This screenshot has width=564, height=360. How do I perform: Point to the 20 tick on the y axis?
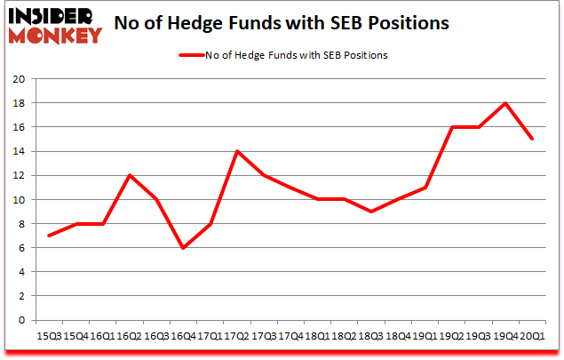(x=18, y=79)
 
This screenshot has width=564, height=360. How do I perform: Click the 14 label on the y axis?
(x=18, y=152)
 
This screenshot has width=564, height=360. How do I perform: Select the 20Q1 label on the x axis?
(x=531, y=337)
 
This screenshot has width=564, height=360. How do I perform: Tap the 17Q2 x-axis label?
(x=238, y=337)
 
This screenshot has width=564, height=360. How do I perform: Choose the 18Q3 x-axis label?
(x=371, y=337)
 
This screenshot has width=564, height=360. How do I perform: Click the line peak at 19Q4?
(x=504, y=103)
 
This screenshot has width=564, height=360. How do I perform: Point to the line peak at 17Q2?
(x=238, y=151)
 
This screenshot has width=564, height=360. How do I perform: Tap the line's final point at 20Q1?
(x=531, y=139)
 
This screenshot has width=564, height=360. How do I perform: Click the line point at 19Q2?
(x=451, y=127)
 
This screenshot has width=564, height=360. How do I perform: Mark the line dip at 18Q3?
(x=371, y=212)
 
